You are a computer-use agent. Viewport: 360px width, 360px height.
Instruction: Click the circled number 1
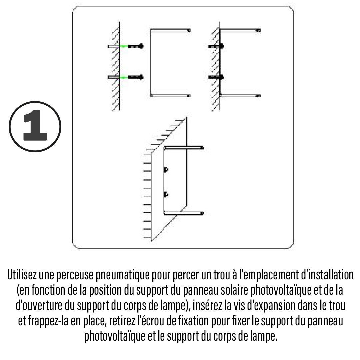35,127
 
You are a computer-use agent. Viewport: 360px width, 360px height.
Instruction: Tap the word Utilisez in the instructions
22,275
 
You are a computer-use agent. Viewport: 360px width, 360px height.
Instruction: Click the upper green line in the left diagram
124,46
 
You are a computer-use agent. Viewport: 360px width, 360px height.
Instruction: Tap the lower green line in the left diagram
124,77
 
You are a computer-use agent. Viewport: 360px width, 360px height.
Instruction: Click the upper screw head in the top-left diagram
141,46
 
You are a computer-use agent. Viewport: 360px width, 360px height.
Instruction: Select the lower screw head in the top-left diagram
141,77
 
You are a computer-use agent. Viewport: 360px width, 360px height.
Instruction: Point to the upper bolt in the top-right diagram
216,46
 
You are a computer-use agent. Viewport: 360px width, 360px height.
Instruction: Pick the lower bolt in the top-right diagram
216,77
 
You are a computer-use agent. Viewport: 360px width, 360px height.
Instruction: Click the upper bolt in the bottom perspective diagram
166,170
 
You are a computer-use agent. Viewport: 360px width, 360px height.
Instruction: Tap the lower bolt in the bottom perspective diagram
166,194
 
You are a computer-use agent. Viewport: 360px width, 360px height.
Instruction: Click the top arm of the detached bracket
171,30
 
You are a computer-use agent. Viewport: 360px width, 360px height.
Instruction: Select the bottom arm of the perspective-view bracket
184,214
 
